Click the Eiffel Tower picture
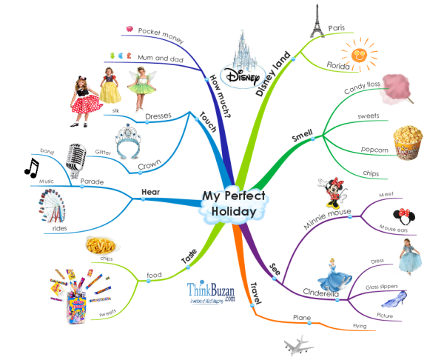tap(314, 20)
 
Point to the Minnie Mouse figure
tap(330, 193)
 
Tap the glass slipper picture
tap(397, 299)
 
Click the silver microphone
tap(77, 159)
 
